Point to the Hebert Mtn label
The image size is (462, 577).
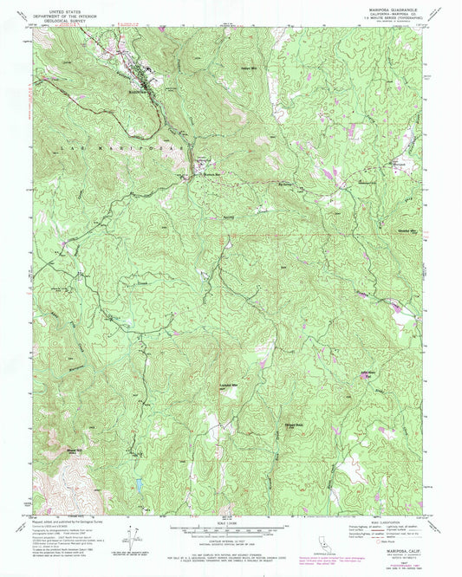[x=250, y=68]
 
